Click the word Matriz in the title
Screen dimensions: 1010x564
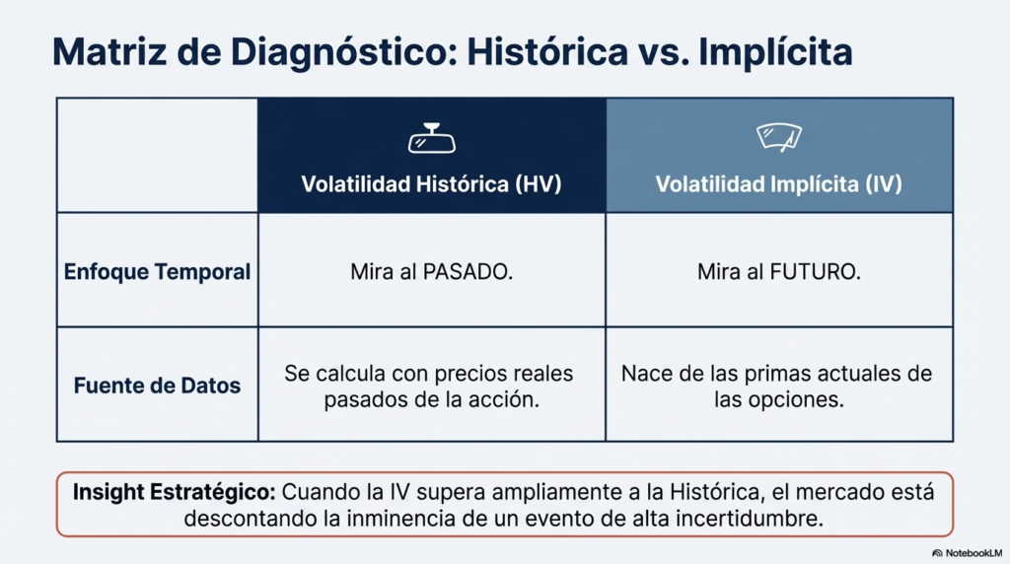tap(109, 51)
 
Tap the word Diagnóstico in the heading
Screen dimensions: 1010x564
tap(344, 53)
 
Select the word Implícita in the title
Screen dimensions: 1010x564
tap(775, 53)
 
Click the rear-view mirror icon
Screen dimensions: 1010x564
tap(432, 138)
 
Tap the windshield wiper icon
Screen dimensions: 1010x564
tap(779, 137)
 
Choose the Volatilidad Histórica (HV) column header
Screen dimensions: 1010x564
tap(432, 184)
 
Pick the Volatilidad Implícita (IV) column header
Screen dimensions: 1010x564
tap(779, 184)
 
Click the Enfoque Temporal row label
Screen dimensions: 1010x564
tap(157, 272)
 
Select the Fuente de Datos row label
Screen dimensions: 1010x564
tap(157, 386)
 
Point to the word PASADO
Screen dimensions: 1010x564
tap(467, 272)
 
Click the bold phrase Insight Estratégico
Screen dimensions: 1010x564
tap(174, 493)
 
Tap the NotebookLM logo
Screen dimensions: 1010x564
tap(967, 553)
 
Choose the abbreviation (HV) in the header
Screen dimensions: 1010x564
tap(538, 184)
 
